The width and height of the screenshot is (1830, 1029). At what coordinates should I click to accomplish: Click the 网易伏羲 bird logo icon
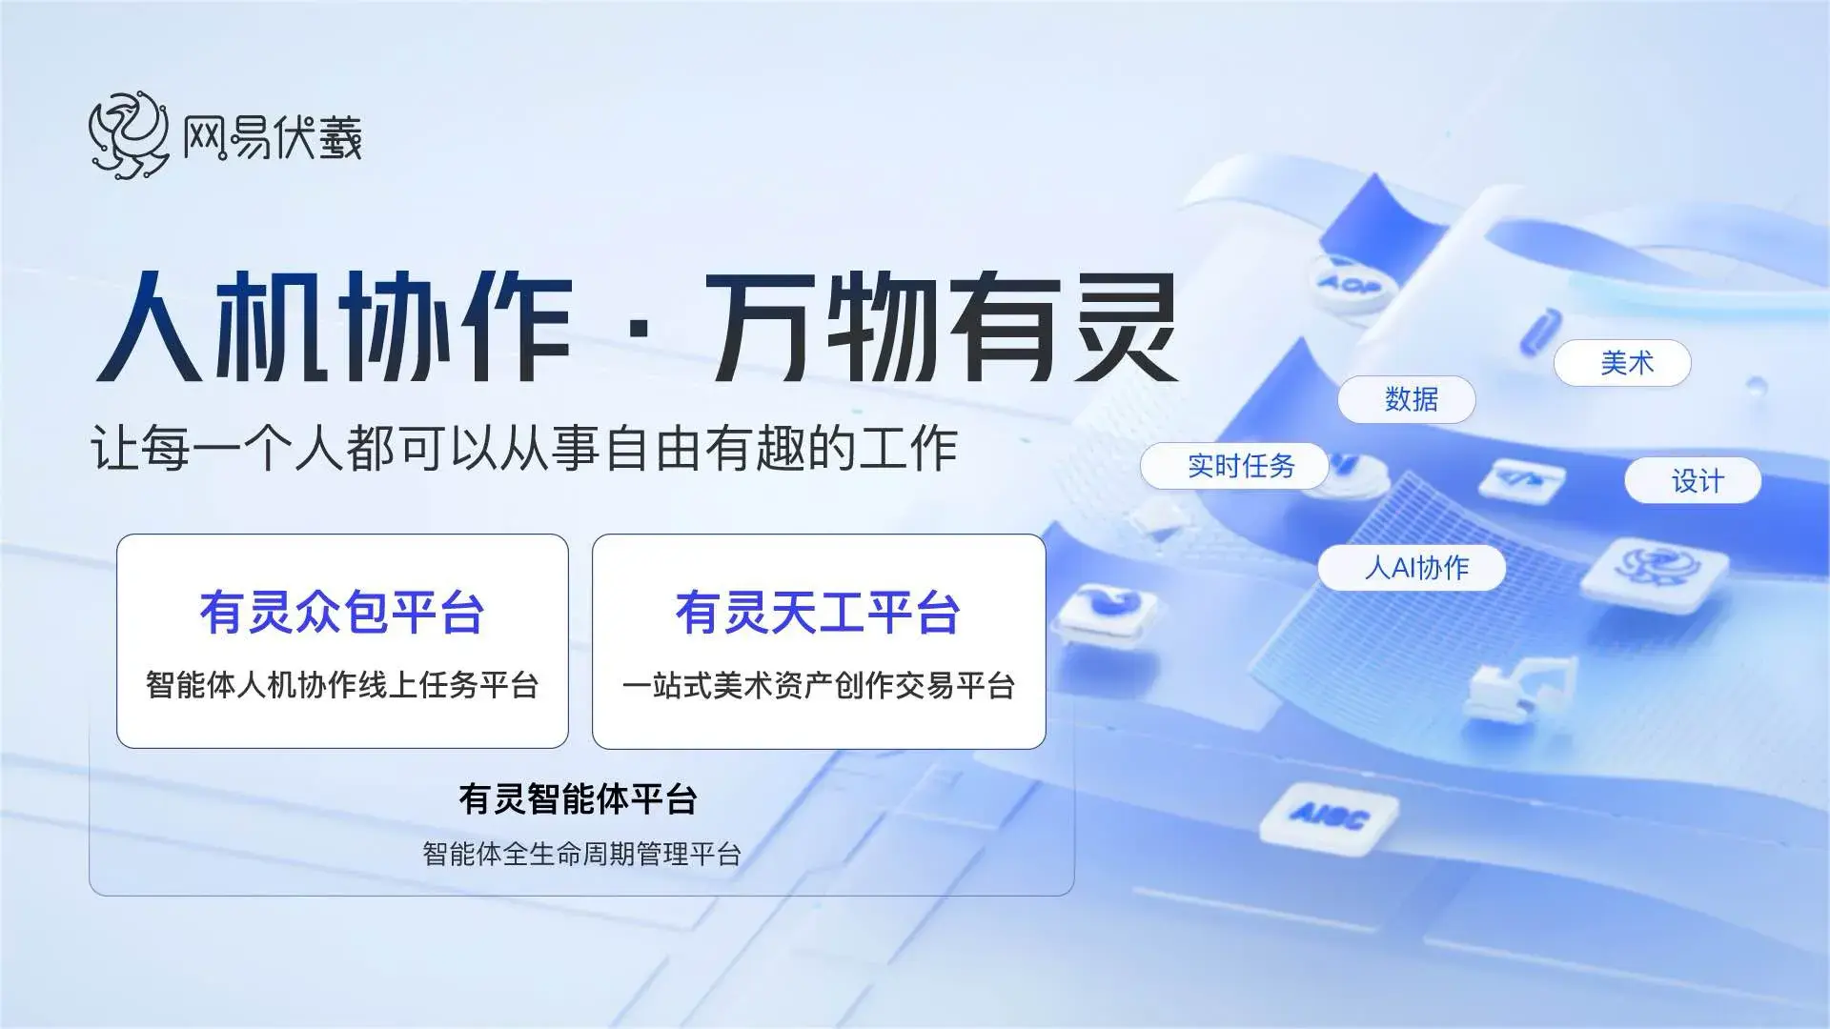click(129, 135)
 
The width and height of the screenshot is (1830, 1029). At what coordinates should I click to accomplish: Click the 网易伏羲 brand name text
click(273, 137)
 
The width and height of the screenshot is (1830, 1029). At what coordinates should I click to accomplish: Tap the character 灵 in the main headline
click(1126, 326)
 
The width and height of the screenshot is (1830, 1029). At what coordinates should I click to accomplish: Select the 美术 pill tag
click(1622, 363)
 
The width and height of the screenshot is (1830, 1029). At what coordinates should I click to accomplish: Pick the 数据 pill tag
click(1407, 399)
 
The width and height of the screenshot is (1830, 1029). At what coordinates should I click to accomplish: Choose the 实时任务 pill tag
click(1234, 466)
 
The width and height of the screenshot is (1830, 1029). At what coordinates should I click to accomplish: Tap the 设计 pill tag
click(1693, 481)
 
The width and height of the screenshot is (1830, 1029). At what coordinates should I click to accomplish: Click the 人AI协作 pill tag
click(1412, 568)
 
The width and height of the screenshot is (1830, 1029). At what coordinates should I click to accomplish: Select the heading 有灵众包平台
click(342, 612)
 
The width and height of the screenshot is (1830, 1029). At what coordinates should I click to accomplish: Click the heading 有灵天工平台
click(818, 612)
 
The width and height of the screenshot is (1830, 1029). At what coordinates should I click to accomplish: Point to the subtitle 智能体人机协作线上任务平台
click(342, 685)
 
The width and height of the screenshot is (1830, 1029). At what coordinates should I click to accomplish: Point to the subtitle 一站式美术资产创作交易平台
click(819, 685)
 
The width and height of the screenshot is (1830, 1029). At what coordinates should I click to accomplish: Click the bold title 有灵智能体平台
click(579, 798)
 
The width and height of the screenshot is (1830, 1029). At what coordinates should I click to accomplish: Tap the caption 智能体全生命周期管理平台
click(581, 854)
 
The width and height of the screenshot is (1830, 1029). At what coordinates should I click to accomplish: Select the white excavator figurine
click(1520, 682)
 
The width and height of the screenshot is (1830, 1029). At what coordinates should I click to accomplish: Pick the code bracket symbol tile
click(1521, 478)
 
